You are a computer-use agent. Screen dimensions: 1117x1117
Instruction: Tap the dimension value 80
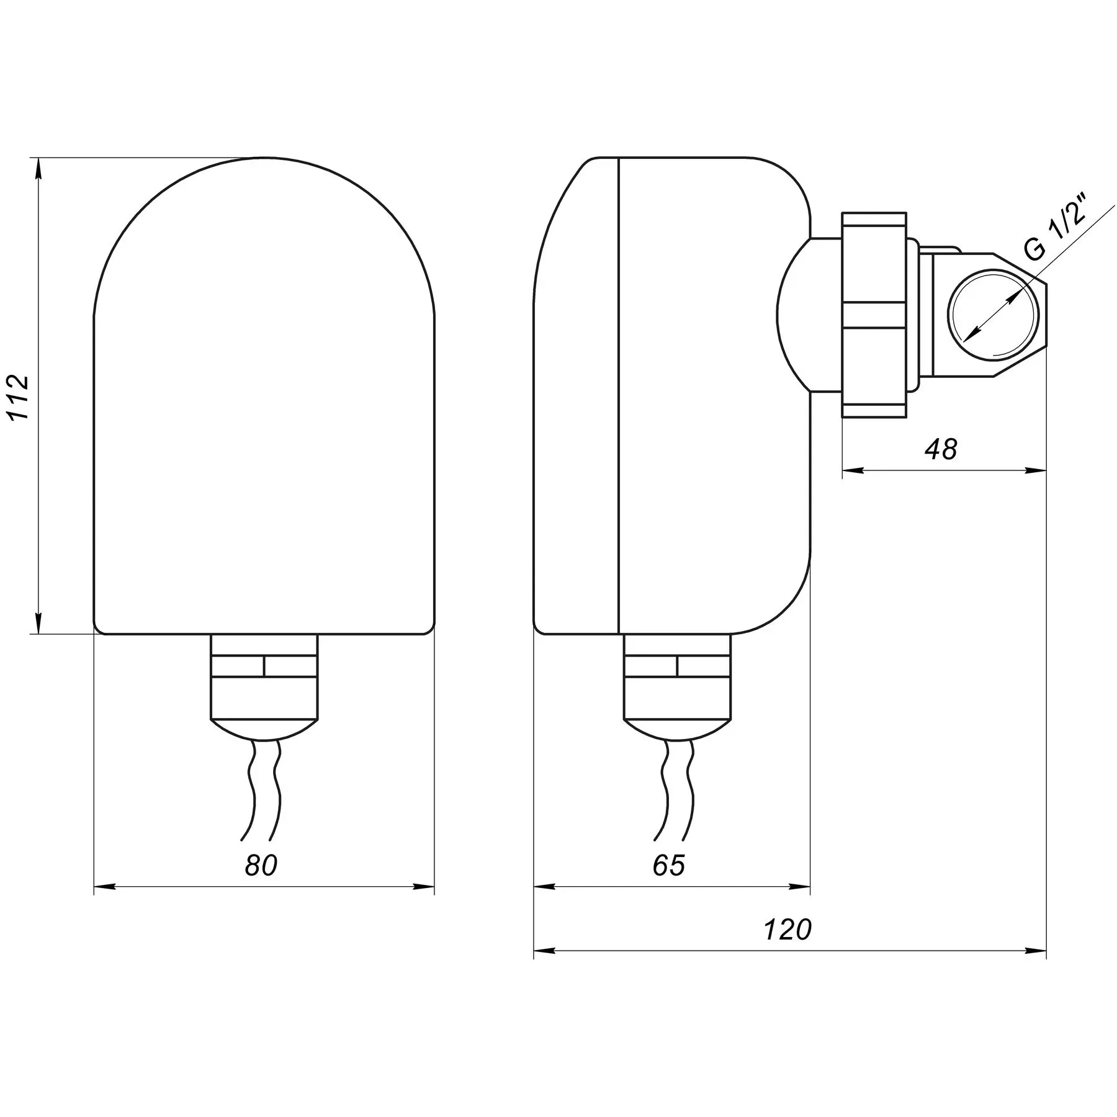point(261,865)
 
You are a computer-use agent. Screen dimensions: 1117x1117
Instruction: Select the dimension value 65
point(668,865)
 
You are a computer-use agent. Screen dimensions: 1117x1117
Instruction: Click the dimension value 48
point(941,449)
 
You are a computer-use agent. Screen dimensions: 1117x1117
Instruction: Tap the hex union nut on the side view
point(874,315)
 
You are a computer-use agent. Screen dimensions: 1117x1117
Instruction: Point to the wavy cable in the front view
point(264,789)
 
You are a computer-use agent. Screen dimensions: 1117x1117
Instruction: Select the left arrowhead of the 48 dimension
point(853,470)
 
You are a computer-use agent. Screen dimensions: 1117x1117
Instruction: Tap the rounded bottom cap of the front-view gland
point(264,730)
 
